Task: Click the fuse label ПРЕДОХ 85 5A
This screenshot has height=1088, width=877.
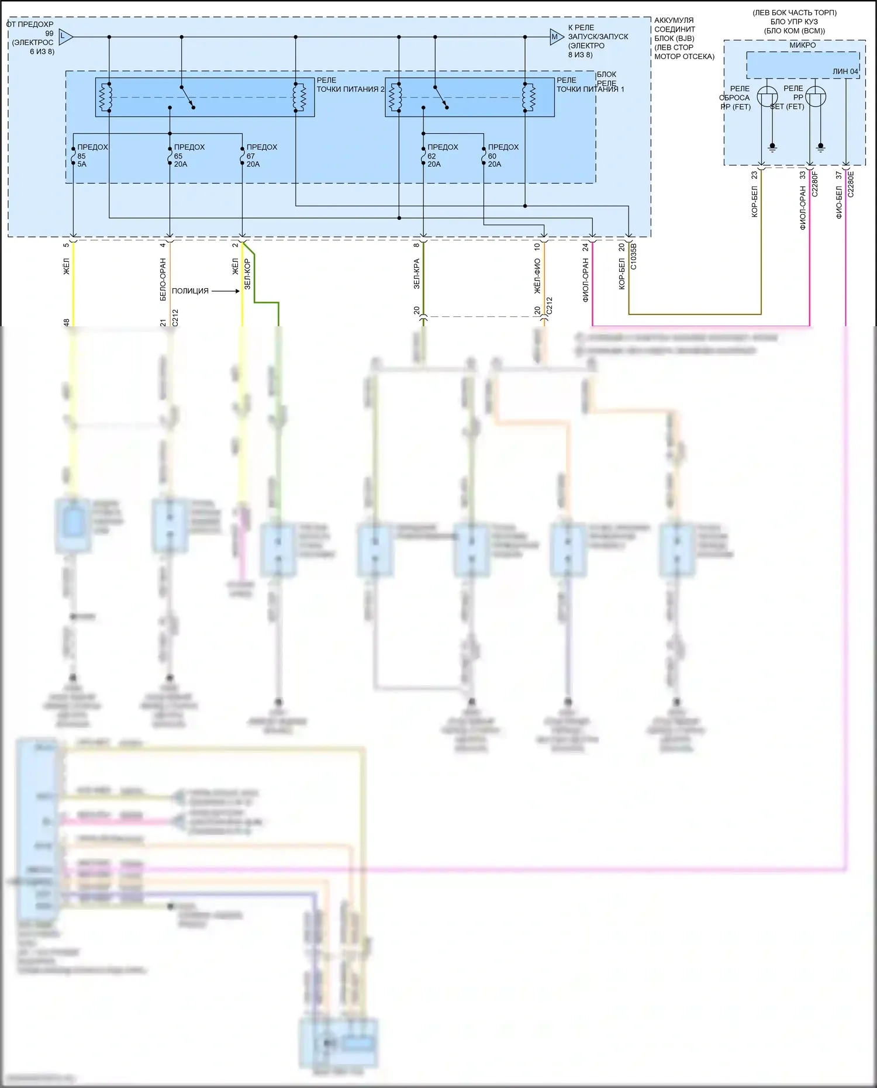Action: pyautogui.click(x=92, y=156)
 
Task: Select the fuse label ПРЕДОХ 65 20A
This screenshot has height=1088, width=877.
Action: pyautogui.click(x=188, y=156)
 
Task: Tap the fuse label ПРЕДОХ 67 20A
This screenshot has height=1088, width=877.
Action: pyautogui.click(x=261, y=156)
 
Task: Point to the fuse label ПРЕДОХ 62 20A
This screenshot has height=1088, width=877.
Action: pyautogui.click(x=442, y=156)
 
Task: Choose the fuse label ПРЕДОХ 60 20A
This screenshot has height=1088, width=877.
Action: pyautogui.click(x=503, y=156)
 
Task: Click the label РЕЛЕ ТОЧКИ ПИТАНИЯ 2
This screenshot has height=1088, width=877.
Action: pyautogui.click(x=350, y=85)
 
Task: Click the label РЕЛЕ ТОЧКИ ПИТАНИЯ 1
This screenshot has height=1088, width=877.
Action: pyautogui.click(x=589, y=85)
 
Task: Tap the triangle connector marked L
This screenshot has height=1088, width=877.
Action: pyautogui.click(x=65, y=37)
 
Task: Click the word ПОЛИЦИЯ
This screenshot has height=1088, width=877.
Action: pyautogui.click(x=190, y=291)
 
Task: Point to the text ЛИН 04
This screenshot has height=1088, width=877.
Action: pyautogui.click(x=845, y=71)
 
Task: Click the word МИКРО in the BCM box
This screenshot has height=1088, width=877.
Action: pyautogui.click(x=802, y=45)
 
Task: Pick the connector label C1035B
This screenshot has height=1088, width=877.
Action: pyautogui.click(x=634, y=257)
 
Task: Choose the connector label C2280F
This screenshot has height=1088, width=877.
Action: pyautogui.click(x=815, y=183)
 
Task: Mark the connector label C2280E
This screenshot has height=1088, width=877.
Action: pyautogui.click(x=851, y=184)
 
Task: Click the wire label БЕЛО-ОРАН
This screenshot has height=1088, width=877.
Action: pyautogui.click(x=163, y=279)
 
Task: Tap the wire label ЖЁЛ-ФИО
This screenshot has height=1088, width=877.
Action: pyautogui.click(x=537, y=276)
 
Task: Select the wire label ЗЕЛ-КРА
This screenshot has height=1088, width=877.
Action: pyautogui.click(x=417, y=274)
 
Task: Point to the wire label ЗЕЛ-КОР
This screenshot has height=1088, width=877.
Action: pyautogui.click(x=247, y=274)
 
